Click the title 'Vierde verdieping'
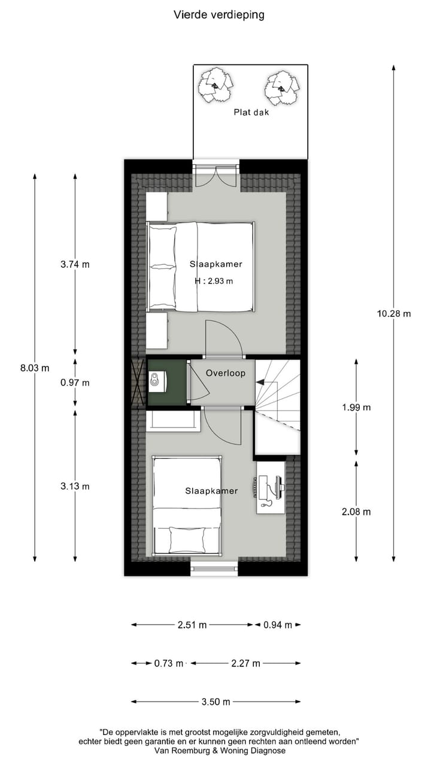click(218, 14)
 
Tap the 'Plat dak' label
click(251, 112)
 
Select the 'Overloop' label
click(226, 373)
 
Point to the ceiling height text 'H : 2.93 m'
click(214, 281)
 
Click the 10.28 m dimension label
click(394, 313)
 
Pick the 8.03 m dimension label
click(35, 368)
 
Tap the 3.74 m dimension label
click(75, 264)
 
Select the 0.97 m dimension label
click(75, 382)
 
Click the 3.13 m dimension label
click(75, 486)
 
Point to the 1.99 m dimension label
click(356, 408)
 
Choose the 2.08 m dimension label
click(356, 512)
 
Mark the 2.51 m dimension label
click(192, 625)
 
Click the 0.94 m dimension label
click(278, 625)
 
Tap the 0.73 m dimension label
click(168, 663)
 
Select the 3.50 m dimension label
click(215, 702)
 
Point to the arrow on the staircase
click(260, 382)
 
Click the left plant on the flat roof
click(214, 84)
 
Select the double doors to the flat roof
click(215, 175)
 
